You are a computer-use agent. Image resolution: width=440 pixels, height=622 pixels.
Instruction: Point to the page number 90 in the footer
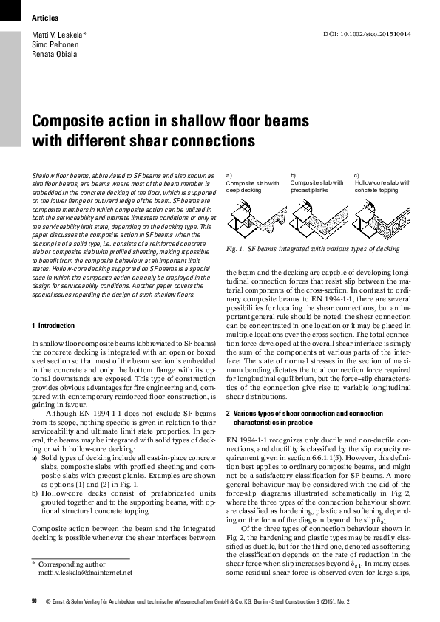[34, 601]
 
